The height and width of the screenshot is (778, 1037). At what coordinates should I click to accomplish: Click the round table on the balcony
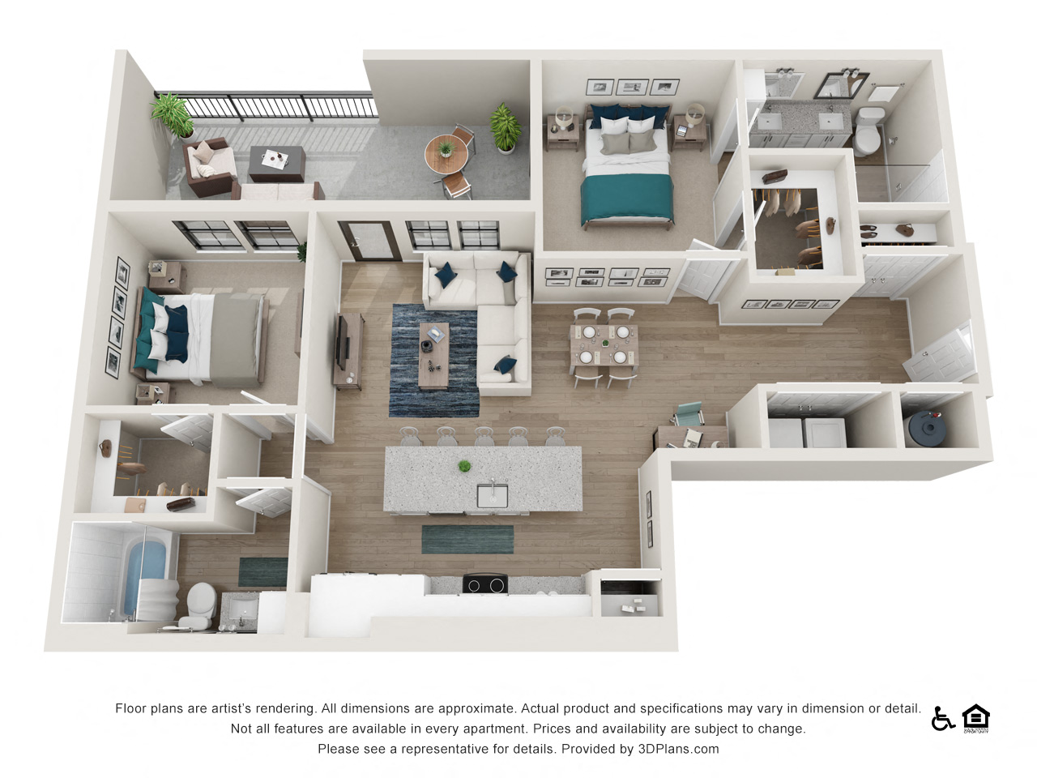coord(445,149)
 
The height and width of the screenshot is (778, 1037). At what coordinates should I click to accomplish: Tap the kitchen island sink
coord(492,494)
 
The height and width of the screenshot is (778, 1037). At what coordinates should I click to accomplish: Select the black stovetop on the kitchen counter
coord(484,583)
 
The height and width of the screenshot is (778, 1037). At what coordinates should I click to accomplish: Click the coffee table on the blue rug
coord(433,353)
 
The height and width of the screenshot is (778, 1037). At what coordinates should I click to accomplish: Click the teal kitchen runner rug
coord(467,539)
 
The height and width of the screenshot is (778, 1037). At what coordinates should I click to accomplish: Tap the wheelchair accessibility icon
coord(942,718)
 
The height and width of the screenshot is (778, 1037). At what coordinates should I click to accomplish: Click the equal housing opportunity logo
coord(976,718)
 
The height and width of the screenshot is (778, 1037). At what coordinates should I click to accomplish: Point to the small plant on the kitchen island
coord(464,466)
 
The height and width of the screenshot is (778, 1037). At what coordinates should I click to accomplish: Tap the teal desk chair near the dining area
coord(689,414)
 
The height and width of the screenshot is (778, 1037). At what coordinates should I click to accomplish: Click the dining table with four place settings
coord(604,344)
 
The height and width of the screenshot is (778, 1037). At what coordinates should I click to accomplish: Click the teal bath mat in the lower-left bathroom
coord(262,571)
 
